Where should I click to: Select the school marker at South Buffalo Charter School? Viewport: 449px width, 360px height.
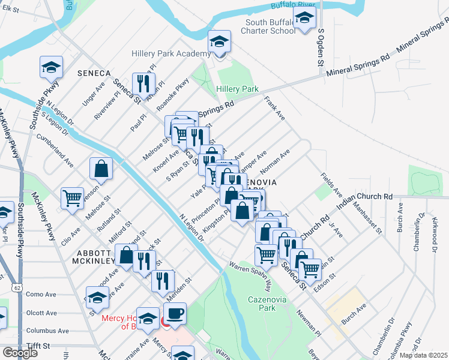(304, 19)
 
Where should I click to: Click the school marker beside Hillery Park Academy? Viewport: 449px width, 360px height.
(220, 43)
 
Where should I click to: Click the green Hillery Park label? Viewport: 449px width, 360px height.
(237, 89)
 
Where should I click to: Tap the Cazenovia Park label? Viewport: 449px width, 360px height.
(265, 303)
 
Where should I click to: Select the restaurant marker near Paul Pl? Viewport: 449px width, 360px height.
(144, 83)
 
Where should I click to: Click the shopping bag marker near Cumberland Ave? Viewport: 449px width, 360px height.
(101, 169)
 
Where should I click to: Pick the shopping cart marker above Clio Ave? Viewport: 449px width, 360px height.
(72, 197)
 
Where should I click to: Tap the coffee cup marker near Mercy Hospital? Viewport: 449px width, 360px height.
(175, 314)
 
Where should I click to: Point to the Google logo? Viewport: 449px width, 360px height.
(19, 353)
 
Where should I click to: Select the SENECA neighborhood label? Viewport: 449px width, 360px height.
(94, 73)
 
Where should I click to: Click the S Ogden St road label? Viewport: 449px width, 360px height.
(321, 47)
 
